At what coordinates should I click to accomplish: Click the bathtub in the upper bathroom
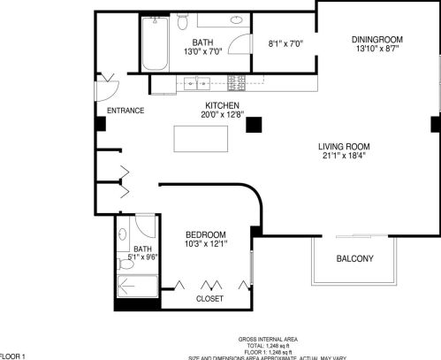(152, 46)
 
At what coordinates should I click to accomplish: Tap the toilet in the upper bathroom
(183, 21)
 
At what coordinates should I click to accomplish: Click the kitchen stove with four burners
(237, 83)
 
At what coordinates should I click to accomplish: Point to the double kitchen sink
(196, 85)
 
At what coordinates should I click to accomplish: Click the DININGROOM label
(377, 38)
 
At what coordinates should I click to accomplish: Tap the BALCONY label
(354, 258)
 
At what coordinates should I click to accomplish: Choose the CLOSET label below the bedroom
(209, 299)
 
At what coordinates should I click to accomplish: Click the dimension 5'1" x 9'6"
(142, 258)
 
